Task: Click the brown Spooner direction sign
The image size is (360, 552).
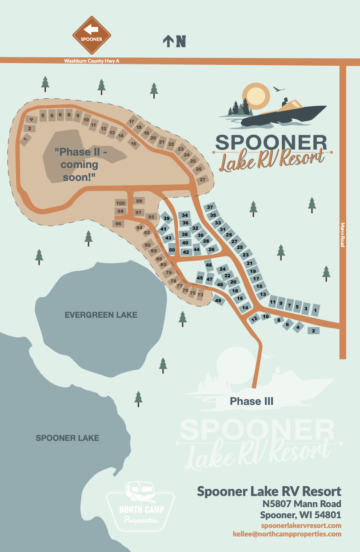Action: click(x=92, y=35)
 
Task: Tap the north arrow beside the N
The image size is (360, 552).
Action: click(x=168, y=41)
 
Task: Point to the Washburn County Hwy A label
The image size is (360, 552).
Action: click(x=92, y=61)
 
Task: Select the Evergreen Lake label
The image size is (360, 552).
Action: click(x=101, y=315)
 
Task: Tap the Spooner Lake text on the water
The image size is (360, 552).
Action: click(x=67, y=438)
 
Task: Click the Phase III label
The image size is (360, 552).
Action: click(x=251, y=401)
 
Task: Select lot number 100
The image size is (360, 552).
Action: click(x=120, y=203)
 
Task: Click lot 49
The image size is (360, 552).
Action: click(x=218, y=301)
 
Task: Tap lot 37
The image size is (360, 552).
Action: click(x=210, y=207)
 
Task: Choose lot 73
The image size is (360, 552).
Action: click(x=200, y=295)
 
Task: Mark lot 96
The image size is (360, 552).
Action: click(x=118, y=224)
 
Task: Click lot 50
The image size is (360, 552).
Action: click(x=172, y=250)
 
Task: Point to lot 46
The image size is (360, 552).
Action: click(x=209, y=265)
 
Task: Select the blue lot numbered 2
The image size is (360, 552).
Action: click(x=313, y=331)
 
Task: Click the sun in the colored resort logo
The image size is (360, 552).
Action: click(x=256, y=95)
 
